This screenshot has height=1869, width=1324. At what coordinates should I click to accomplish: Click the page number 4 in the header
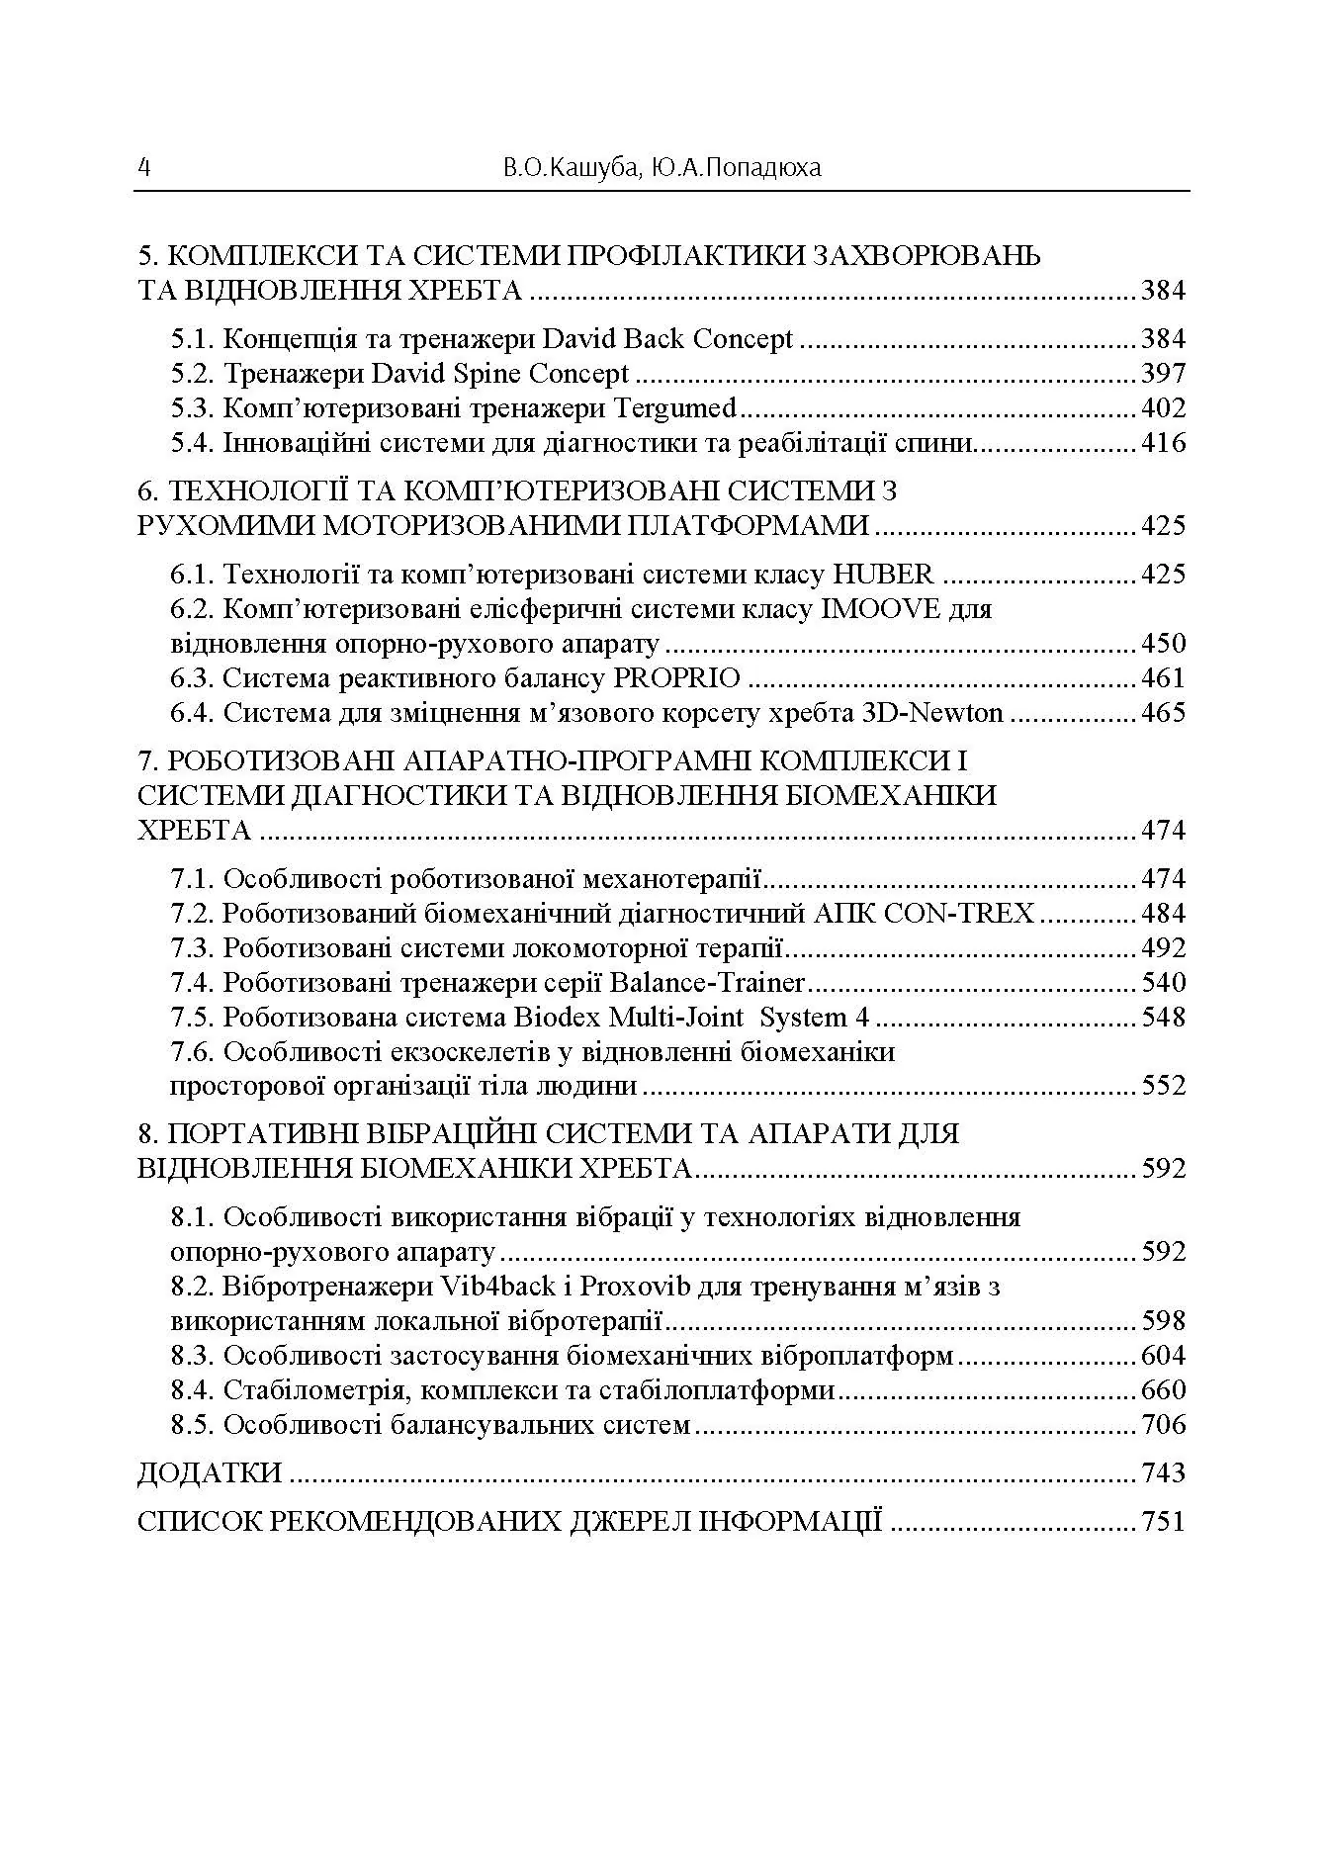pos(144,168)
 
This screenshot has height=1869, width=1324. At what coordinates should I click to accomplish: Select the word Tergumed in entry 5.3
pos(675,408)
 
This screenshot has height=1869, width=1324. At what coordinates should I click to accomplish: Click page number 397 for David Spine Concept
pos(1163,374)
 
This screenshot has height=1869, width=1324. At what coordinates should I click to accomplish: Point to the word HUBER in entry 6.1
pos(883,575)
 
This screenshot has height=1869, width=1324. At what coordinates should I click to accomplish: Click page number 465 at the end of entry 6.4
pos(1163,713)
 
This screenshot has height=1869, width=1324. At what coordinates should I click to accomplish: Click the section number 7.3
pos(192,948)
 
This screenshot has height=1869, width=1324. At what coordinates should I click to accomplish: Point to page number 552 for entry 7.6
pos(1163,1086)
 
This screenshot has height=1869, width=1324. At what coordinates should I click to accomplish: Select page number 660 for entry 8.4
pos(1163,1390)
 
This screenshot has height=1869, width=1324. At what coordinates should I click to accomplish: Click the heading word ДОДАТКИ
pos(210,1473)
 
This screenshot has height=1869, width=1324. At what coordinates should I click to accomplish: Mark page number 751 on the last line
pos(1163,1521)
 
